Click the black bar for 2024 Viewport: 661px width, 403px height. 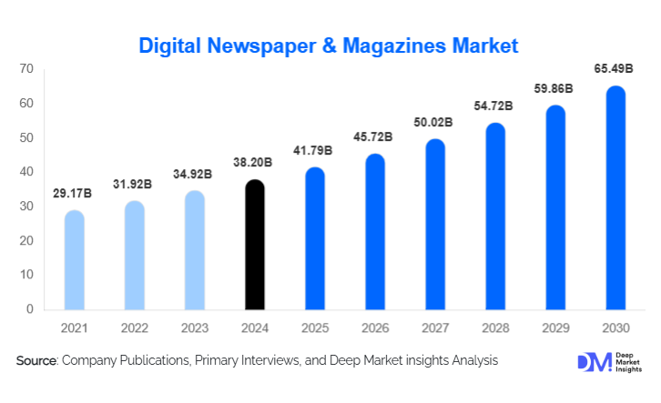point(256,246)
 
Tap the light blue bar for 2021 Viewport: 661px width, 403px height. point(75,260)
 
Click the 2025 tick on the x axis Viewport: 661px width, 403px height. point(315,327)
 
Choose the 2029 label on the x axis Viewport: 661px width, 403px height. point(555,327)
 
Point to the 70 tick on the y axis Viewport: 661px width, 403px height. point(26,69)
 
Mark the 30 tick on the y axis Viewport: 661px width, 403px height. point(26,207)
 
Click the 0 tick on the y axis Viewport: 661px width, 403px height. point(30,309)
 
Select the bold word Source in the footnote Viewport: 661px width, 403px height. point(36,361)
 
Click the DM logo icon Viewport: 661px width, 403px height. point(593,362)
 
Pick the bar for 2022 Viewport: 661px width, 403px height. point(135,256)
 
